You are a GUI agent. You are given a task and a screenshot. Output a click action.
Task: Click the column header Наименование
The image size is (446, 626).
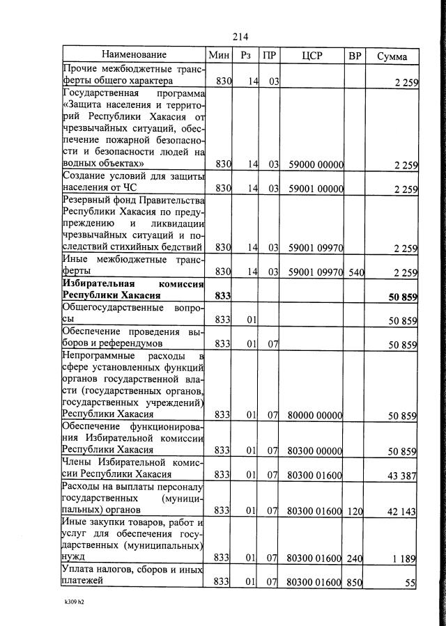pos(134,54)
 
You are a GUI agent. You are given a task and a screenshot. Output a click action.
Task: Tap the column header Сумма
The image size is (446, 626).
pos(392,55)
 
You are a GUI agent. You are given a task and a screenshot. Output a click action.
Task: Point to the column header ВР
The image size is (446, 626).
pos(355,55)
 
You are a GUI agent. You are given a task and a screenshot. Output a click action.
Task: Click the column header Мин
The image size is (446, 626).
pos(219,55)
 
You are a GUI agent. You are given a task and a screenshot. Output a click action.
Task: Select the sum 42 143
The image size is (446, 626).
pos(401,511)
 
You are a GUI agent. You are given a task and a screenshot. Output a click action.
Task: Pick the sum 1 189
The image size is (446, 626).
pos(404,558)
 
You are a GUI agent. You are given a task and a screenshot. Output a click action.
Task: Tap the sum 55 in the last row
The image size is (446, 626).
pos(410,583)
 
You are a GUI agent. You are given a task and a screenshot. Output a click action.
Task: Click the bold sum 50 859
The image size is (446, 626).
pos(402,297)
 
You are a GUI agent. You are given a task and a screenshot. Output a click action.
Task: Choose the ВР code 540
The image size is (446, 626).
pos(355,272)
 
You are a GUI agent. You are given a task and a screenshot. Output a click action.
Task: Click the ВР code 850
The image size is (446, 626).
pos(355,583)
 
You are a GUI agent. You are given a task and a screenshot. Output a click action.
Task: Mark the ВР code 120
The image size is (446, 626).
pos(355,511)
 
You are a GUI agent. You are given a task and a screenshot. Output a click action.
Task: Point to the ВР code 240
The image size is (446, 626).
pos(355,558)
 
